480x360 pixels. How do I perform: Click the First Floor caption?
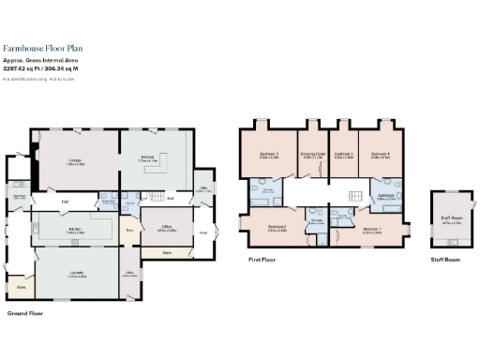tap(262, 258)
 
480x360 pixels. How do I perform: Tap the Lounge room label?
tap(76, 160)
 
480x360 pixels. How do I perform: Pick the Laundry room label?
tap(76, 275)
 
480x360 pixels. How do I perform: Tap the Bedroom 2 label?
tap(277, 227)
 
